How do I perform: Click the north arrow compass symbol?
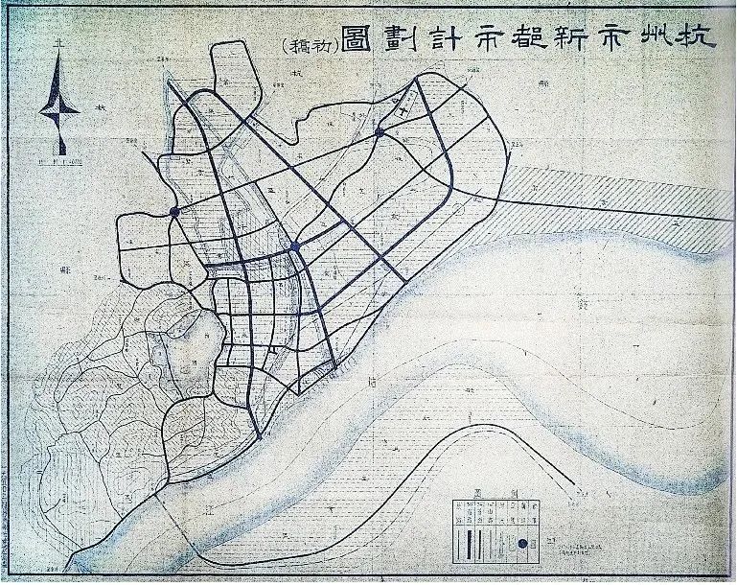pos(58,105)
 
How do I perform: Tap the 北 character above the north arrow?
pos(59,43)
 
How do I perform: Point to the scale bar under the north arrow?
pos(59,163)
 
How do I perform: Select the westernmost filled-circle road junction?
pos(173,211)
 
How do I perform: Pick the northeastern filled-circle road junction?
pos(380,131)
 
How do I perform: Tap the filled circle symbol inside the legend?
pos(522,545)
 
